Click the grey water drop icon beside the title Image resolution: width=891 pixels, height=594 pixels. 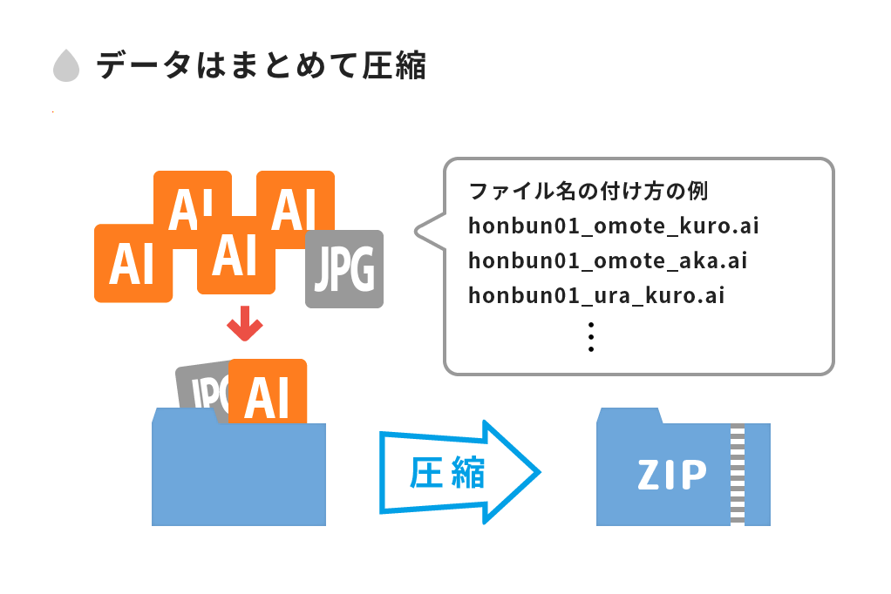pyautogui.click(x=65, y=67)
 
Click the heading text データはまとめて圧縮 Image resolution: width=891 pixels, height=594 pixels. pyautogui.click(x=261, y=66)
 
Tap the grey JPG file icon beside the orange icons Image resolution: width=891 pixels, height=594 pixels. pyautogui.click(x=344, y=269)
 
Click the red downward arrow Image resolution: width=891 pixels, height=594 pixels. pyautogui.click(x=244, y=324)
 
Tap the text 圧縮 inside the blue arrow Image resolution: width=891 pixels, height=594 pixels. pyautogui.click(x=447, y=474)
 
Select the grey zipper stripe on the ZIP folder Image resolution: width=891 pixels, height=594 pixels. pyautogui.click(x=738, y=474)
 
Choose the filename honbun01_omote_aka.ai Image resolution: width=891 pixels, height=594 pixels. pyautogui.click(x=608, y=260)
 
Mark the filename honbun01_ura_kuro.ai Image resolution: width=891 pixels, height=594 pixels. pyautogui.click(x=596, y=295)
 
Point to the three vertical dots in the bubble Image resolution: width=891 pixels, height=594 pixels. pyautogui.click(x=591, y=336)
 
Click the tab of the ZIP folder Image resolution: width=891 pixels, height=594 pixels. pyautogui.click(x=629, y=415)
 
